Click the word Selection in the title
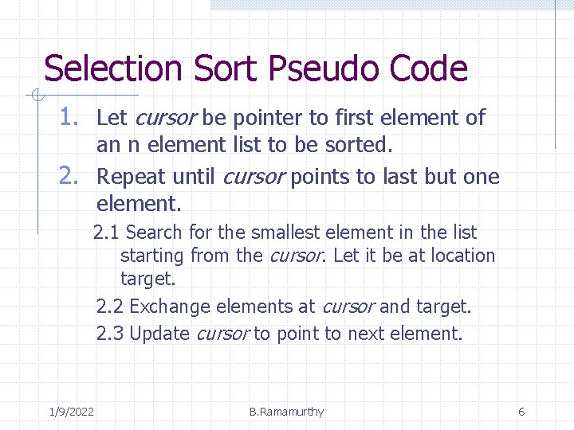tap(112, 69)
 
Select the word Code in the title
tap(428, 69)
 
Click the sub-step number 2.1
tap(107, 233)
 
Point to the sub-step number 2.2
tap(110, 307)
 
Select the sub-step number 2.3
tap(110, 334)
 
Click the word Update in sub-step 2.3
tap(159, 334)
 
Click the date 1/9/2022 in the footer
tap(71, 412)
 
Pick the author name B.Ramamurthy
tap(286, 412)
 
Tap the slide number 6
tap(521, 412)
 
